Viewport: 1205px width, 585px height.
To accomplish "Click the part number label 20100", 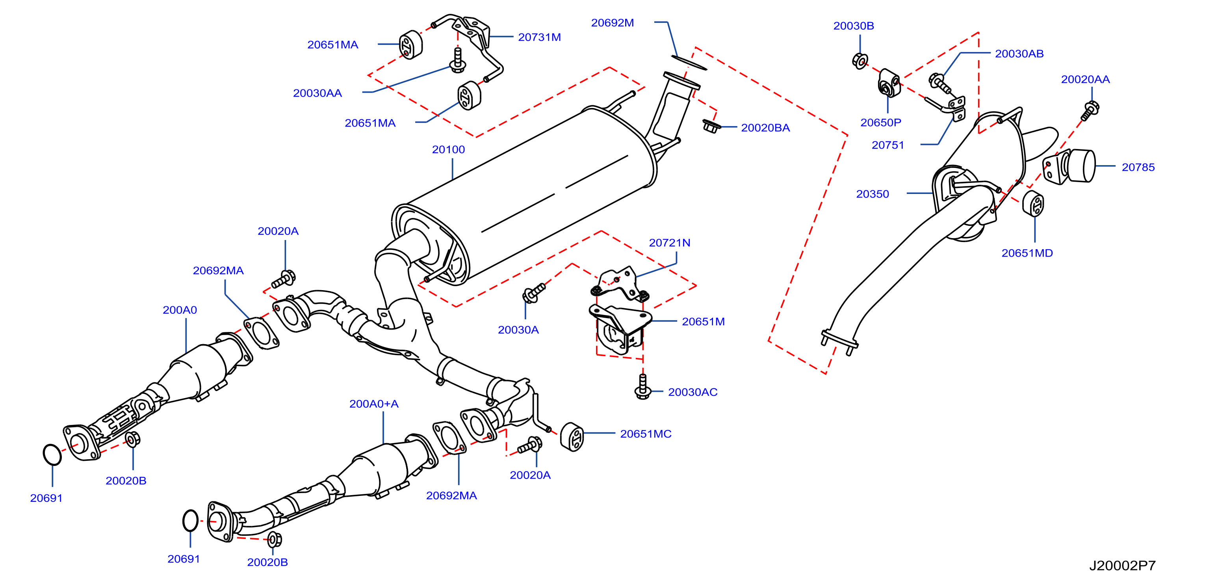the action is (448, 150).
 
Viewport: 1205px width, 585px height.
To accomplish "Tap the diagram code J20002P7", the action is (1122, 566).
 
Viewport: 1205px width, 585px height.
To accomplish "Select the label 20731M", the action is (539, 37).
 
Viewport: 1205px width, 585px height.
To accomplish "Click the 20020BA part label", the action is (765, 128).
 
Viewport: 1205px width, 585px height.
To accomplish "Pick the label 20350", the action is (873, 194).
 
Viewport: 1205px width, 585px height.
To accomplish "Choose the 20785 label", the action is (1138, 167).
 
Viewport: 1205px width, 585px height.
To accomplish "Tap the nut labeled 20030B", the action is (860, 61).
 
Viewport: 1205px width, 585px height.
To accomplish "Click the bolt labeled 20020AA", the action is (1090, 110).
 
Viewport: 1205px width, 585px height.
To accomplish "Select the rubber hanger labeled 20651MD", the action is (1033, 203).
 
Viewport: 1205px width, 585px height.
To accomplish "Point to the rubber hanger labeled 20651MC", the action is (572, 437).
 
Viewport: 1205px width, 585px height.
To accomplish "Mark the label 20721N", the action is (669, 243).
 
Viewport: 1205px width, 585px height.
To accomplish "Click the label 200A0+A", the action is (374, 404).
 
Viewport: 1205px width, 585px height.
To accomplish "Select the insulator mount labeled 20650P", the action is (889, 83).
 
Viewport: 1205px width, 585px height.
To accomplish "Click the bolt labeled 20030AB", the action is (939, 83).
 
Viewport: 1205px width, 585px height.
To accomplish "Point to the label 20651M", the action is (703, 322).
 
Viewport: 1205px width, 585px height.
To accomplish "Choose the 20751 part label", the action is (888, 145).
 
